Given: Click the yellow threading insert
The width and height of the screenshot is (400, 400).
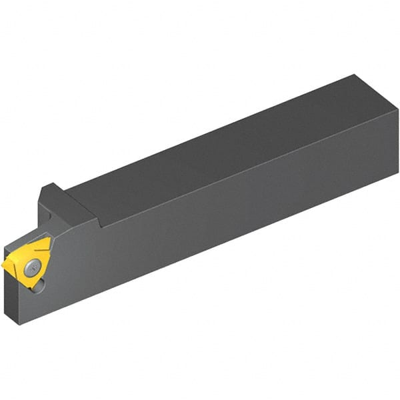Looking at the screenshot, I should [27, 263].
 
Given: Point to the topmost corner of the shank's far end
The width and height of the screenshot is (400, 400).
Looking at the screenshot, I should [354, 75].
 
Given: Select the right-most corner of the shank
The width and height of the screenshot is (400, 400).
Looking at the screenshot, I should [398, 129].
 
